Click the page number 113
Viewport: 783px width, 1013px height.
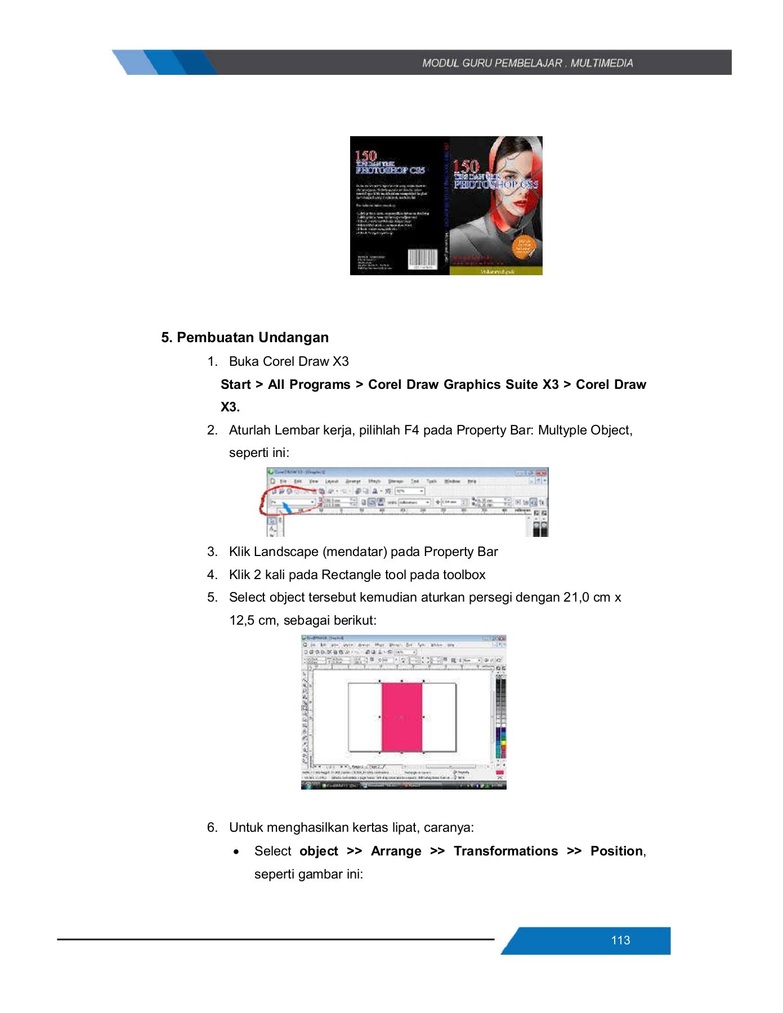(620, 940)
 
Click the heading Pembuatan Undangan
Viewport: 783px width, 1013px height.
(252, 337)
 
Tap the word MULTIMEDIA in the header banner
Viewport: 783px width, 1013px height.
(602, 63)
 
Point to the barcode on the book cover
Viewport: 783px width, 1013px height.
(422, 259)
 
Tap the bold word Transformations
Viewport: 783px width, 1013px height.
(505, 851)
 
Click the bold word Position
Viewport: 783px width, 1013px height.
(616, 851)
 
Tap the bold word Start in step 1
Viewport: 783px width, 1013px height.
(235, 384)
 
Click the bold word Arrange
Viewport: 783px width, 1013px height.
(396, 851)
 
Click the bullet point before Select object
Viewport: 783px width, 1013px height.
(236, 852)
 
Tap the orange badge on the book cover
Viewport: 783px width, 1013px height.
(524, 246)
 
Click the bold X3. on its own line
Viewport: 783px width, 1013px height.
(230, 407)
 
